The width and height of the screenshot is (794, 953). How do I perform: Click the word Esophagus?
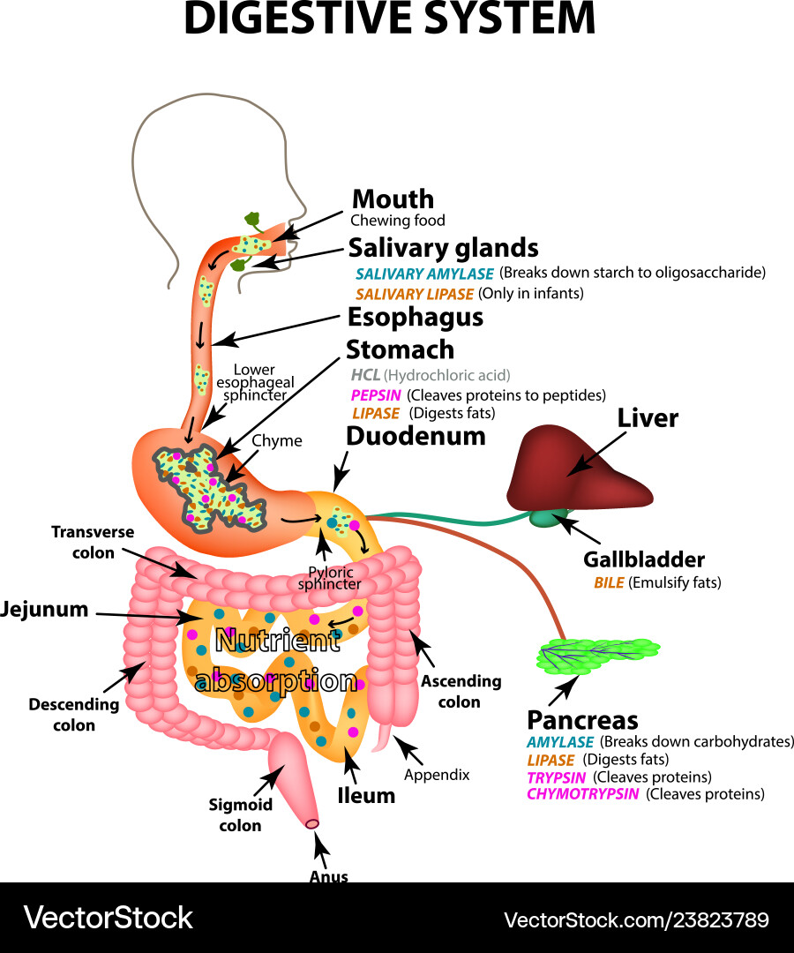pyautogui.click(x=415, y=317)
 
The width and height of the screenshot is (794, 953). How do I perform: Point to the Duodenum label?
pyautogui.click(x=416, y=436)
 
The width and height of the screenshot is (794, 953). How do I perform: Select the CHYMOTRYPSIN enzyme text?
pyautogui.click(x=583, y=794)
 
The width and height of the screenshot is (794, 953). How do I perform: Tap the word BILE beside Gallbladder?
pyautogui.click(x=610, y=582)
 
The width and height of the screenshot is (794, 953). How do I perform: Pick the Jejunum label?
pyautogui.click(x=45, y=609)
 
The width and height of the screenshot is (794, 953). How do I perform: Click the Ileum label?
pyautogui.click(x=366, y=795)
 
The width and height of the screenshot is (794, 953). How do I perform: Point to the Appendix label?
pyautogui.click(x=437, y=775)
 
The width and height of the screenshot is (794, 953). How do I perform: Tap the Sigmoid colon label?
pyautogui.click(x=240, y=815)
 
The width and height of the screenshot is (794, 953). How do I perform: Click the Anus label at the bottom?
pyautogui.click(x=328, y=876)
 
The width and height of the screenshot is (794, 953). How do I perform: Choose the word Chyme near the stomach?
pyautogui.click(x=277, y=440)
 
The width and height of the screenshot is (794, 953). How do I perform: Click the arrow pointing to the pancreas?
pyautogui.click(x=561, y=694)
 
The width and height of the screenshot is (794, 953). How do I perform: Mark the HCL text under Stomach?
pyautogui.click(x=365, y=375)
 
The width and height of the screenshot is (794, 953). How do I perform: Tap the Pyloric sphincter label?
pyautogui.click(x=329, y=577)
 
